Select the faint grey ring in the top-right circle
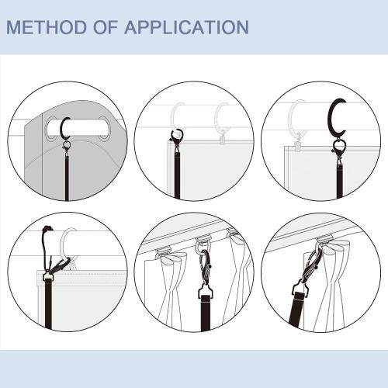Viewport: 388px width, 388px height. click(296, 120)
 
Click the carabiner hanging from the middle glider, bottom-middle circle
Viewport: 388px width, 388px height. click(206, 264)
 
